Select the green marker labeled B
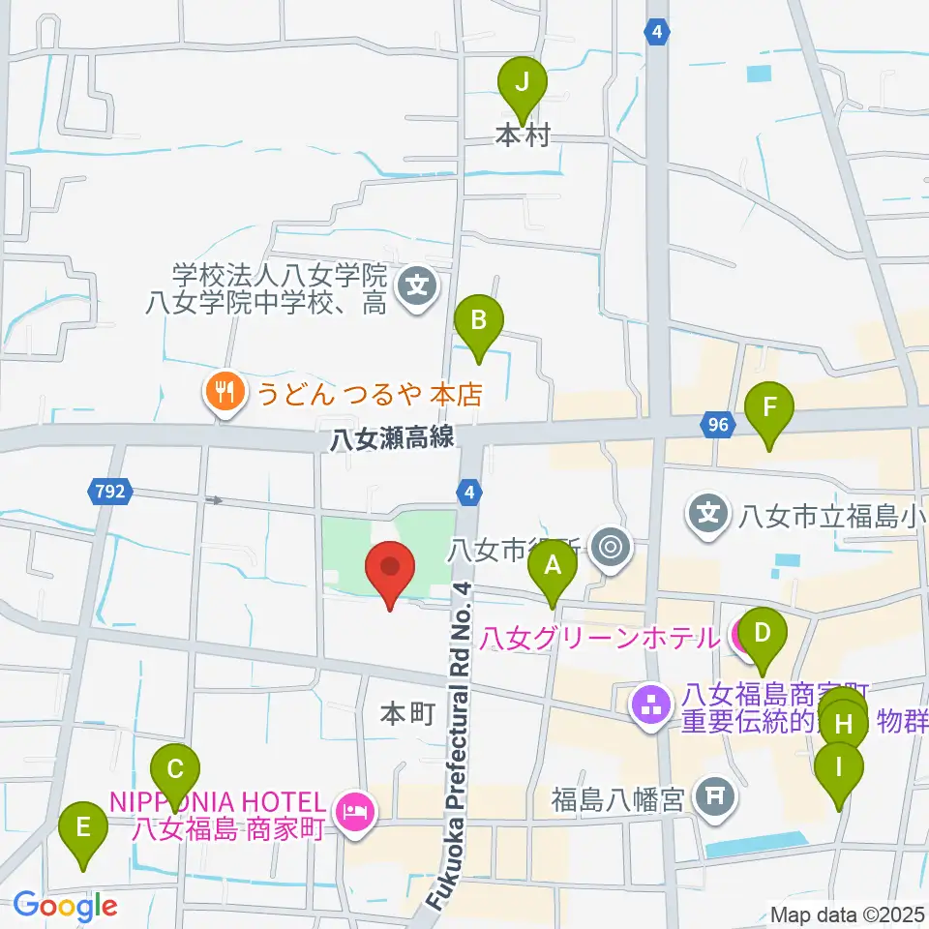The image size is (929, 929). (477, 320)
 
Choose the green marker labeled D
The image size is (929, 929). (762, 635)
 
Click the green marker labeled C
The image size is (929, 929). (175, 771)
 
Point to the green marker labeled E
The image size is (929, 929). (83, 829)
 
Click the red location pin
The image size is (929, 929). (390, 570)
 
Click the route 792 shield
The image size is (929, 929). (110, 493)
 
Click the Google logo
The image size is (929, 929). (65, 906)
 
